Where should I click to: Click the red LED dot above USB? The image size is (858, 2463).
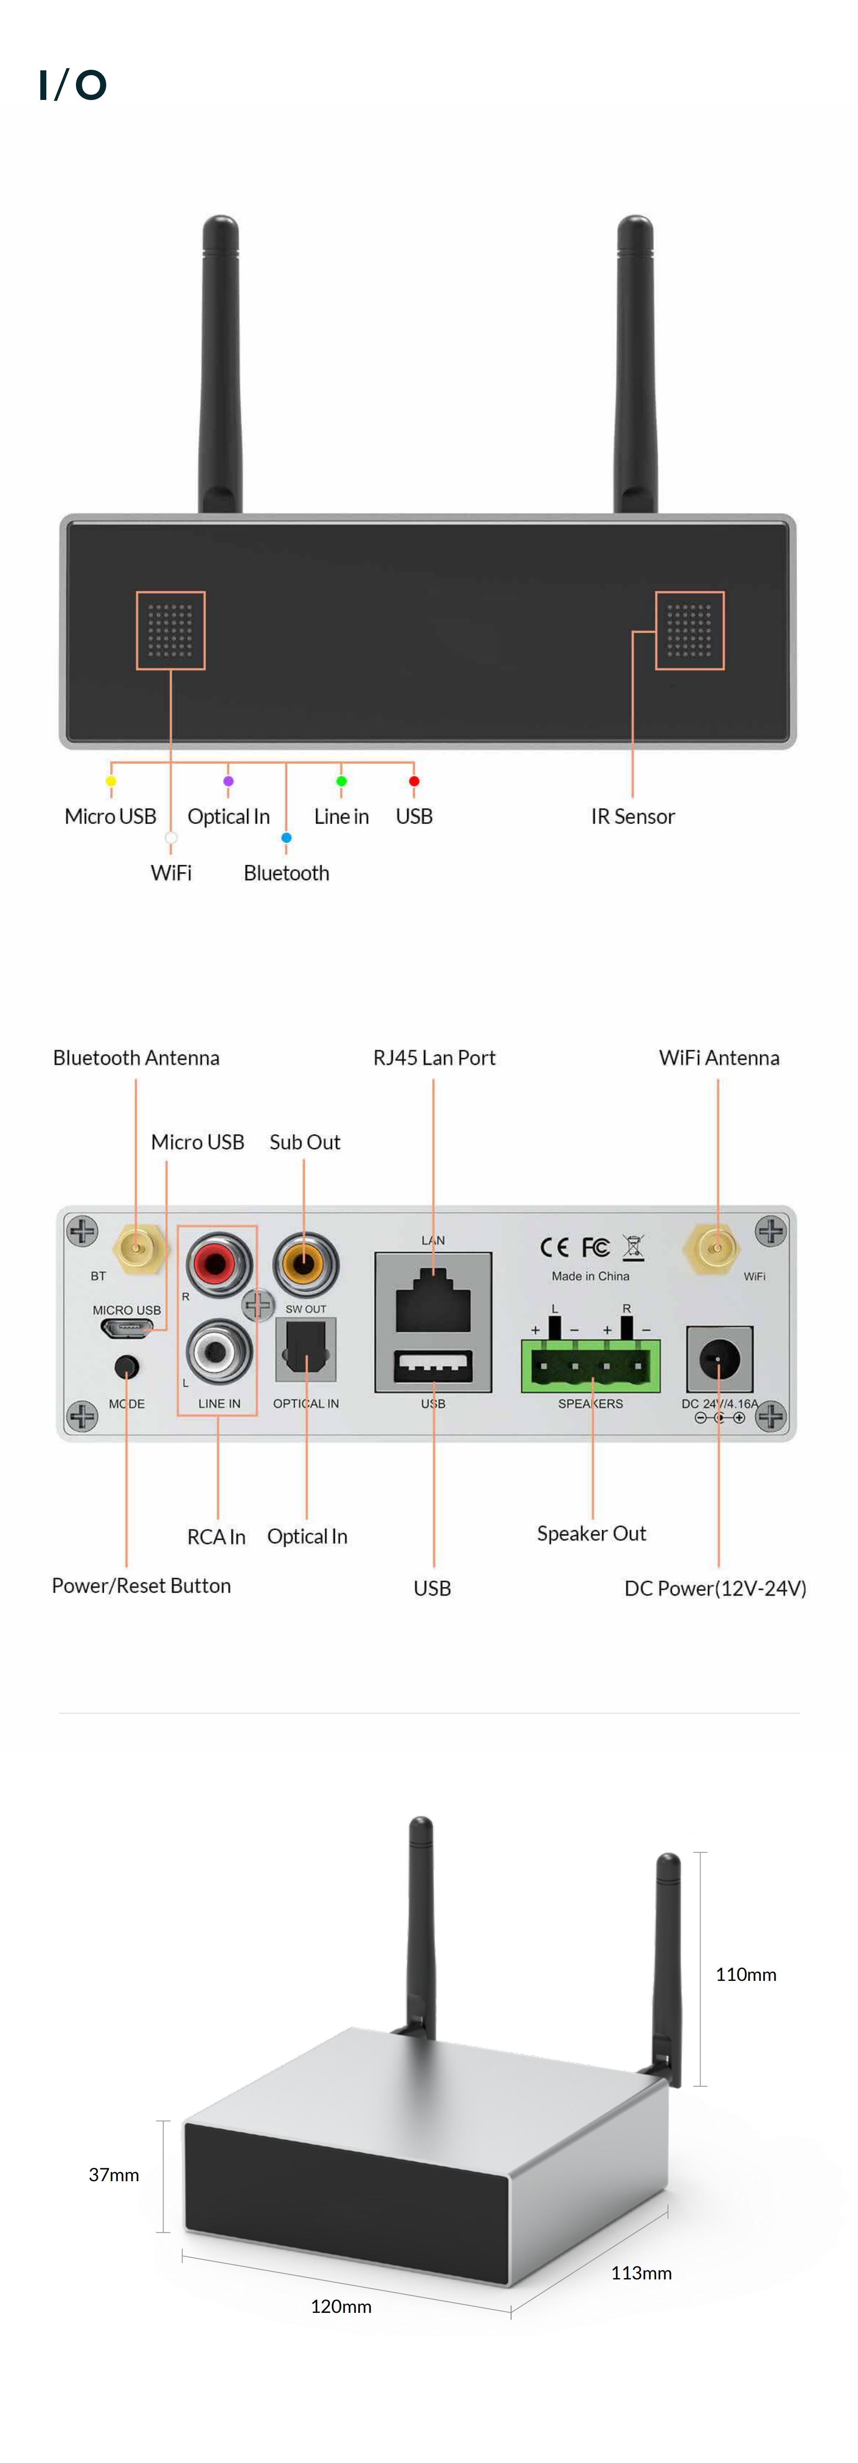(413, 781)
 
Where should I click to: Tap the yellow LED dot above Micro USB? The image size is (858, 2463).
(111, 781)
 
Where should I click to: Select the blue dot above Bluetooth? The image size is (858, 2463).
(286, 838)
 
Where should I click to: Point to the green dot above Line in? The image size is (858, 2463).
(341, 781)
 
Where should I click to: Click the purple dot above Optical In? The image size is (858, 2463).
(228, 781)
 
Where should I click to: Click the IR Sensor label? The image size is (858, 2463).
(632, 817)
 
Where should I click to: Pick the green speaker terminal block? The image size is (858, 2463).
(590, 1365)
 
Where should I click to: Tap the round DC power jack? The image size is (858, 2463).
(719, 1358)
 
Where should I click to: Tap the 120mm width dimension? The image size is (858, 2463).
(341, 2306)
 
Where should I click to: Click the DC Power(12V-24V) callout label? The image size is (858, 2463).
(715, 1588)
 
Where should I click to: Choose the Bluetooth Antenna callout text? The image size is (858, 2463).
(136, 1057)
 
